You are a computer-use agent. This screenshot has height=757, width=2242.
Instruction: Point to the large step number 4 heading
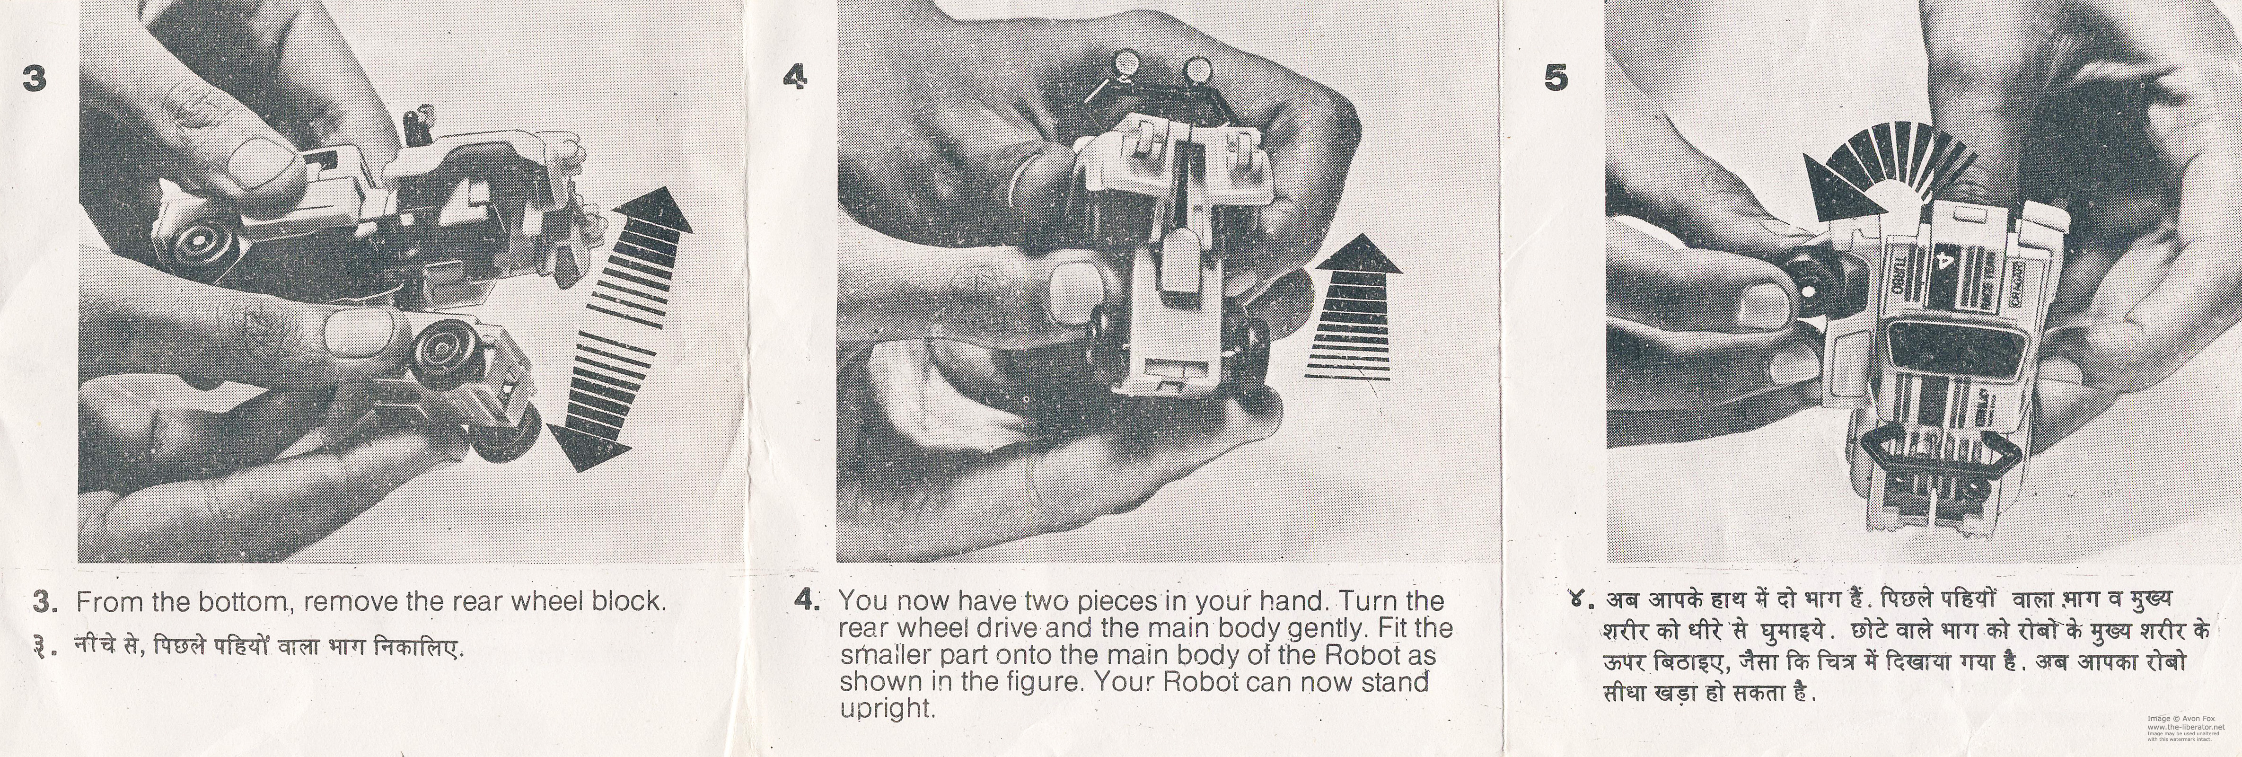click(x=795, y=79)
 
